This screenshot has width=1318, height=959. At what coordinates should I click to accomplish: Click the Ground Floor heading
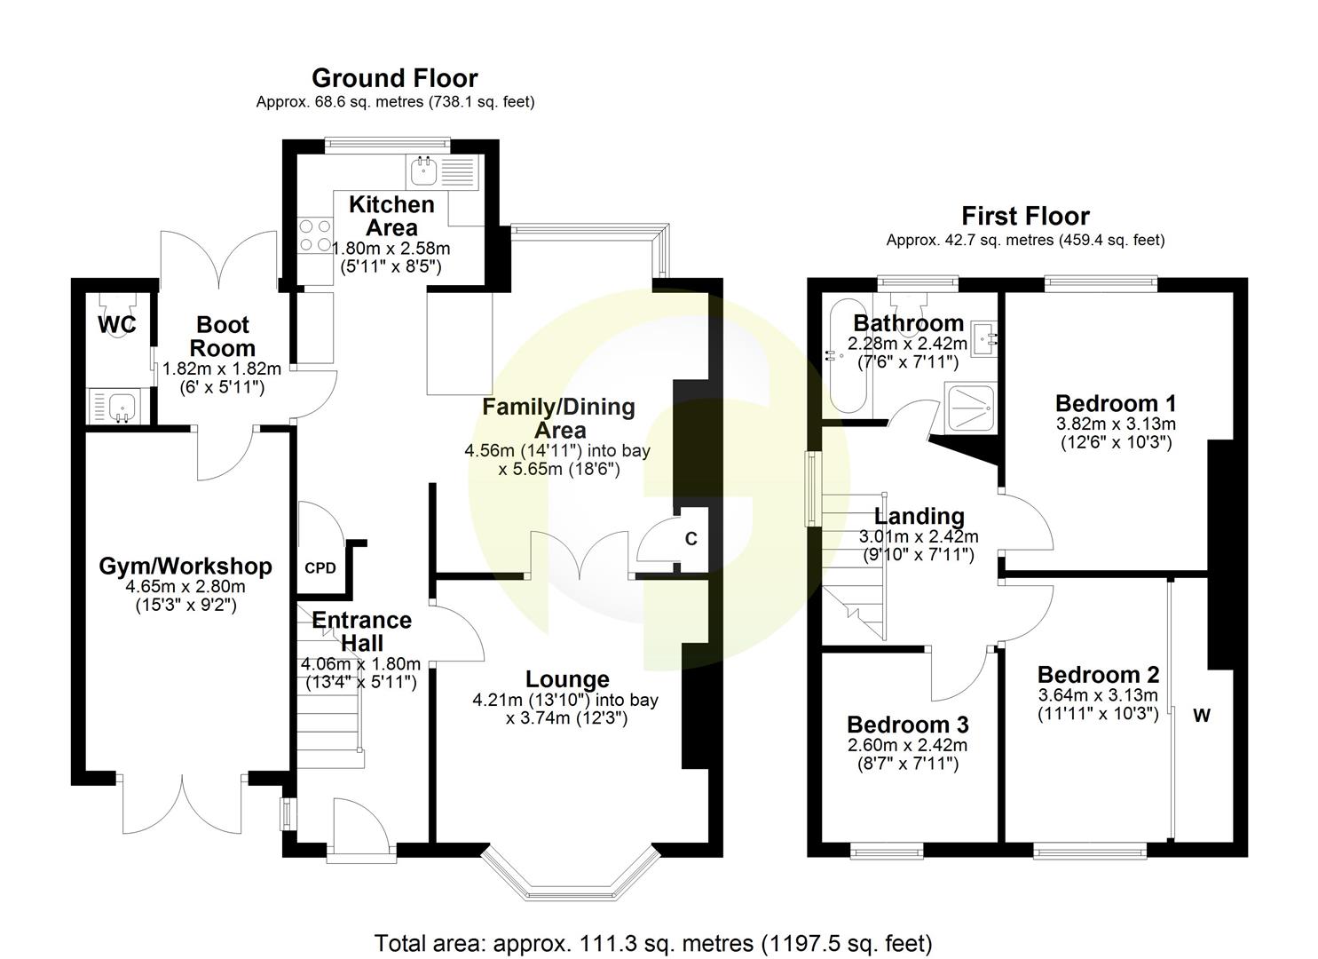coord(394,78)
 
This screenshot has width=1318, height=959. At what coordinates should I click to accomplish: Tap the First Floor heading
coord(1025,216)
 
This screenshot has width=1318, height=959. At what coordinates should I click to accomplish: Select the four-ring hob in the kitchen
coord(312,234)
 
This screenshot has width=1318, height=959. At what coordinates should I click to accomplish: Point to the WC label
coord(116,325)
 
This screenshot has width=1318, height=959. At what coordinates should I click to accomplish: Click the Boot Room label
coord(223,337)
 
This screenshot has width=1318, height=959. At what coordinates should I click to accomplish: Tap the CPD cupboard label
coord(320,568)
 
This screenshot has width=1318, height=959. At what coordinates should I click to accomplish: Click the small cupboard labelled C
coord(690,539)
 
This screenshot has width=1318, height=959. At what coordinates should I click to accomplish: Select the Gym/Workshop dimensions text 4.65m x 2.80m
coord(185,587)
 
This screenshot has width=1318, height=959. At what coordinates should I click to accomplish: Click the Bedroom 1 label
coord(1116,402)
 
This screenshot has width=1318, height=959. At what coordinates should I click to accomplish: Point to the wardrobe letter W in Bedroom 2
coord(1201,716)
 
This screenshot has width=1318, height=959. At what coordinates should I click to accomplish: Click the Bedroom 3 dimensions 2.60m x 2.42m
coord(907,746)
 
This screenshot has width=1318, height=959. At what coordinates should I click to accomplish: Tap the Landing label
coord(919,516)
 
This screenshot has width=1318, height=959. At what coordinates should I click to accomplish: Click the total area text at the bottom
coord(653,942)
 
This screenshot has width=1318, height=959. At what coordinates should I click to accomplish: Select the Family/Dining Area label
coord(558,418)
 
